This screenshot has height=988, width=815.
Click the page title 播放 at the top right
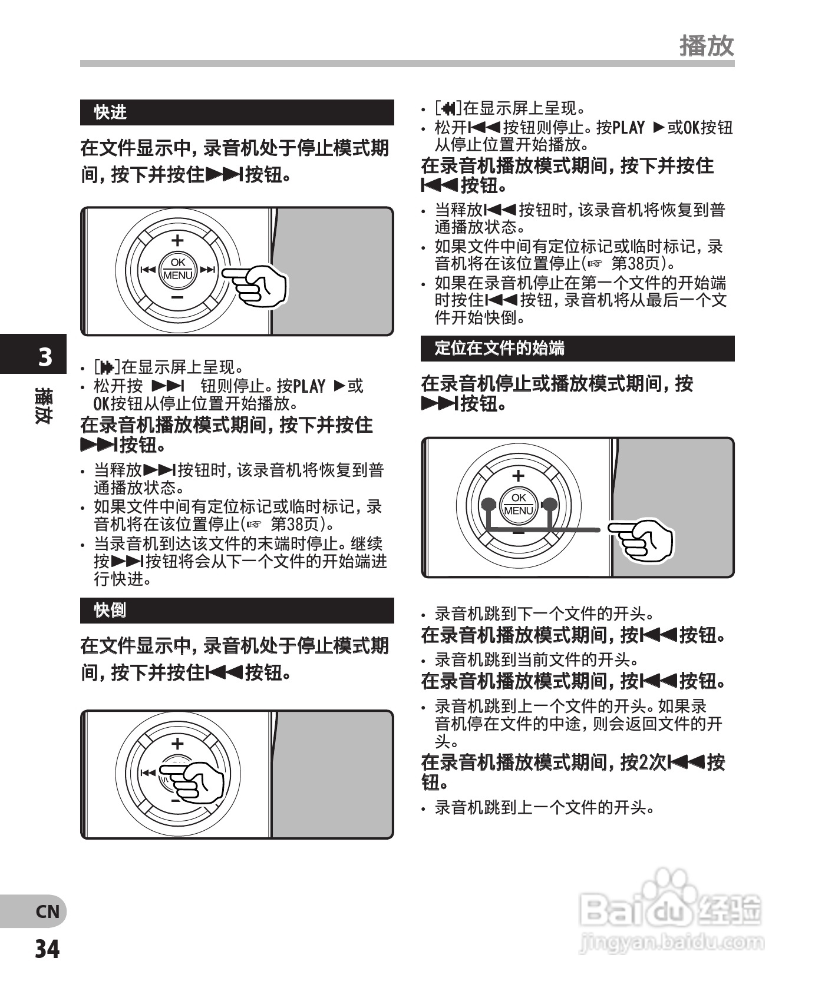click(x=707, y=45)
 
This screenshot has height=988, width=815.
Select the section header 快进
click(x=110, y=112)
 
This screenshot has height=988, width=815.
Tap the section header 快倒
click(x=110, y=610)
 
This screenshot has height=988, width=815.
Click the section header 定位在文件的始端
click(x=499, y=348)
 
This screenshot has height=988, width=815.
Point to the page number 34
click(x=47, y=949)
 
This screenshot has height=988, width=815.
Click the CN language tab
click(x=47, y=911)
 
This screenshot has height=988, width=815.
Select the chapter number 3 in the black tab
click(x=45, y=357)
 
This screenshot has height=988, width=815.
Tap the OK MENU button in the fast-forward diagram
click(x=177, y=270)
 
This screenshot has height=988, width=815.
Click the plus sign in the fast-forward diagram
click(x=177, y=240)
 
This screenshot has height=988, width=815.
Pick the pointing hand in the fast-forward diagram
click(x=259, y=284)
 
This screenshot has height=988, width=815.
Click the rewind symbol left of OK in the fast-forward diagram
click(x=147, y=270)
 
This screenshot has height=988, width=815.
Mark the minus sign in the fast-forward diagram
click(x=177, y=298)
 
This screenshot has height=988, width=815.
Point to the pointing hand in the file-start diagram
click(x=645, y=539)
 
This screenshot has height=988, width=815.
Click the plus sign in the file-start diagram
click(x=518, y=476)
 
